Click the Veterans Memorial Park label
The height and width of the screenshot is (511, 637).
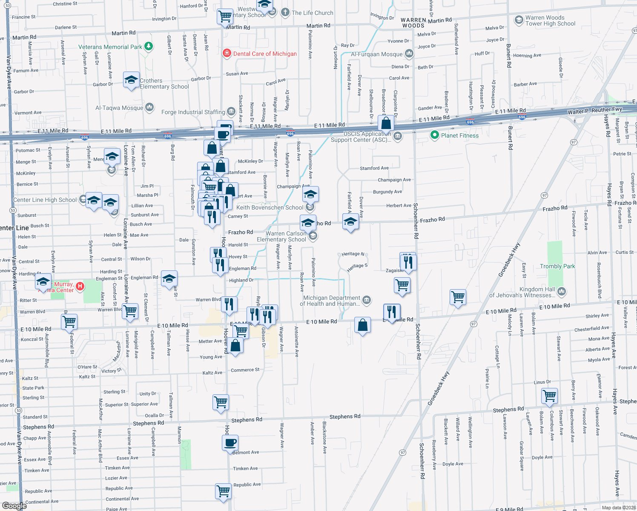(110, 47)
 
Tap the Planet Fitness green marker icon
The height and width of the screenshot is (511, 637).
(434, 135)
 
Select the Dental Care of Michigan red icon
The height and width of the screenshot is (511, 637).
(227, 53)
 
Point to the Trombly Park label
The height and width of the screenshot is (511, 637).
(557, 266)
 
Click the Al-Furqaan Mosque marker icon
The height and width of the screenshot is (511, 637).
(409, 54)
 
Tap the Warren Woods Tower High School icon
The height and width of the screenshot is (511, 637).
(519, 20)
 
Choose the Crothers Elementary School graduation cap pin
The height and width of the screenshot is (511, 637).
(131, 80)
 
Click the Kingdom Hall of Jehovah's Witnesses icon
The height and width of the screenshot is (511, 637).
(562, 292)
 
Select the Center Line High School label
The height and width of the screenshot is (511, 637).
(45, 200)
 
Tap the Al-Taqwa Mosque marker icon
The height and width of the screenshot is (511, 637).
(149, 107)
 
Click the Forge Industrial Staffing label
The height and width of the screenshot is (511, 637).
(193, 112)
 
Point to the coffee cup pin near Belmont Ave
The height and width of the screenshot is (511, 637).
(230, 442)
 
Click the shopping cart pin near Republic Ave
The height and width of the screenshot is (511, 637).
(223, 491)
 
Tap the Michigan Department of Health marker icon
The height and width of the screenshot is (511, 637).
(366, 300)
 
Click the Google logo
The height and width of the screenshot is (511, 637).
(14, 505)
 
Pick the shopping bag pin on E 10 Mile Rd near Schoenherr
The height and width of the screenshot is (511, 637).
(362, 325)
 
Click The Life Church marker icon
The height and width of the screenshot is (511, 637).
(285, 12)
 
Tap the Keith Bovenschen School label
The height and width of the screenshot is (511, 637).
(270, 207)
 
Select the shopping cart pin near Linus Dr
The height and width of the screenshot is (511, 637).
(550, 396)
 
